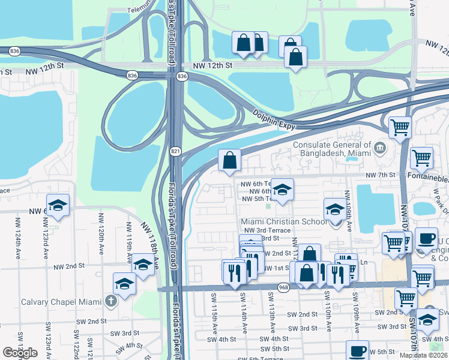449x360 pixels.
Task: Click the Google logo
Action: (x=20, y=353)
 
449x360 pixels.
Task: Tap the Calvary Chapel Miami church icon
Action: (x=110, y=301)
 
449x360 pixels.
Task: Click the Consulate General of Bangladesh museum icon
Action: (x=379, y=148)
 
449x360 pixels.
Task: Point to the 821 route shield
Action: (x=175, y=151)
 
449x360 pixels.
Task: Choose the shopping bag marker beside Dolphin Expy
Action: (x=229, y=160)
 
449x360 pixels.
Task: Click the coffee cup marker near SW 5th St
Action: (x=358, y=350)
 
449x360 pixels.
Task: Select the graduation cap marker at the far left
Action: (x=58, y=205)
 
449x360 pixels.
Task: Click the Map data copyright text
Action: (x=424, y=355)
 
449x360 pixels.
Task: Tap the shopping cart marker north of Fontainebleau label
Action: (x=400, y=127)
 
